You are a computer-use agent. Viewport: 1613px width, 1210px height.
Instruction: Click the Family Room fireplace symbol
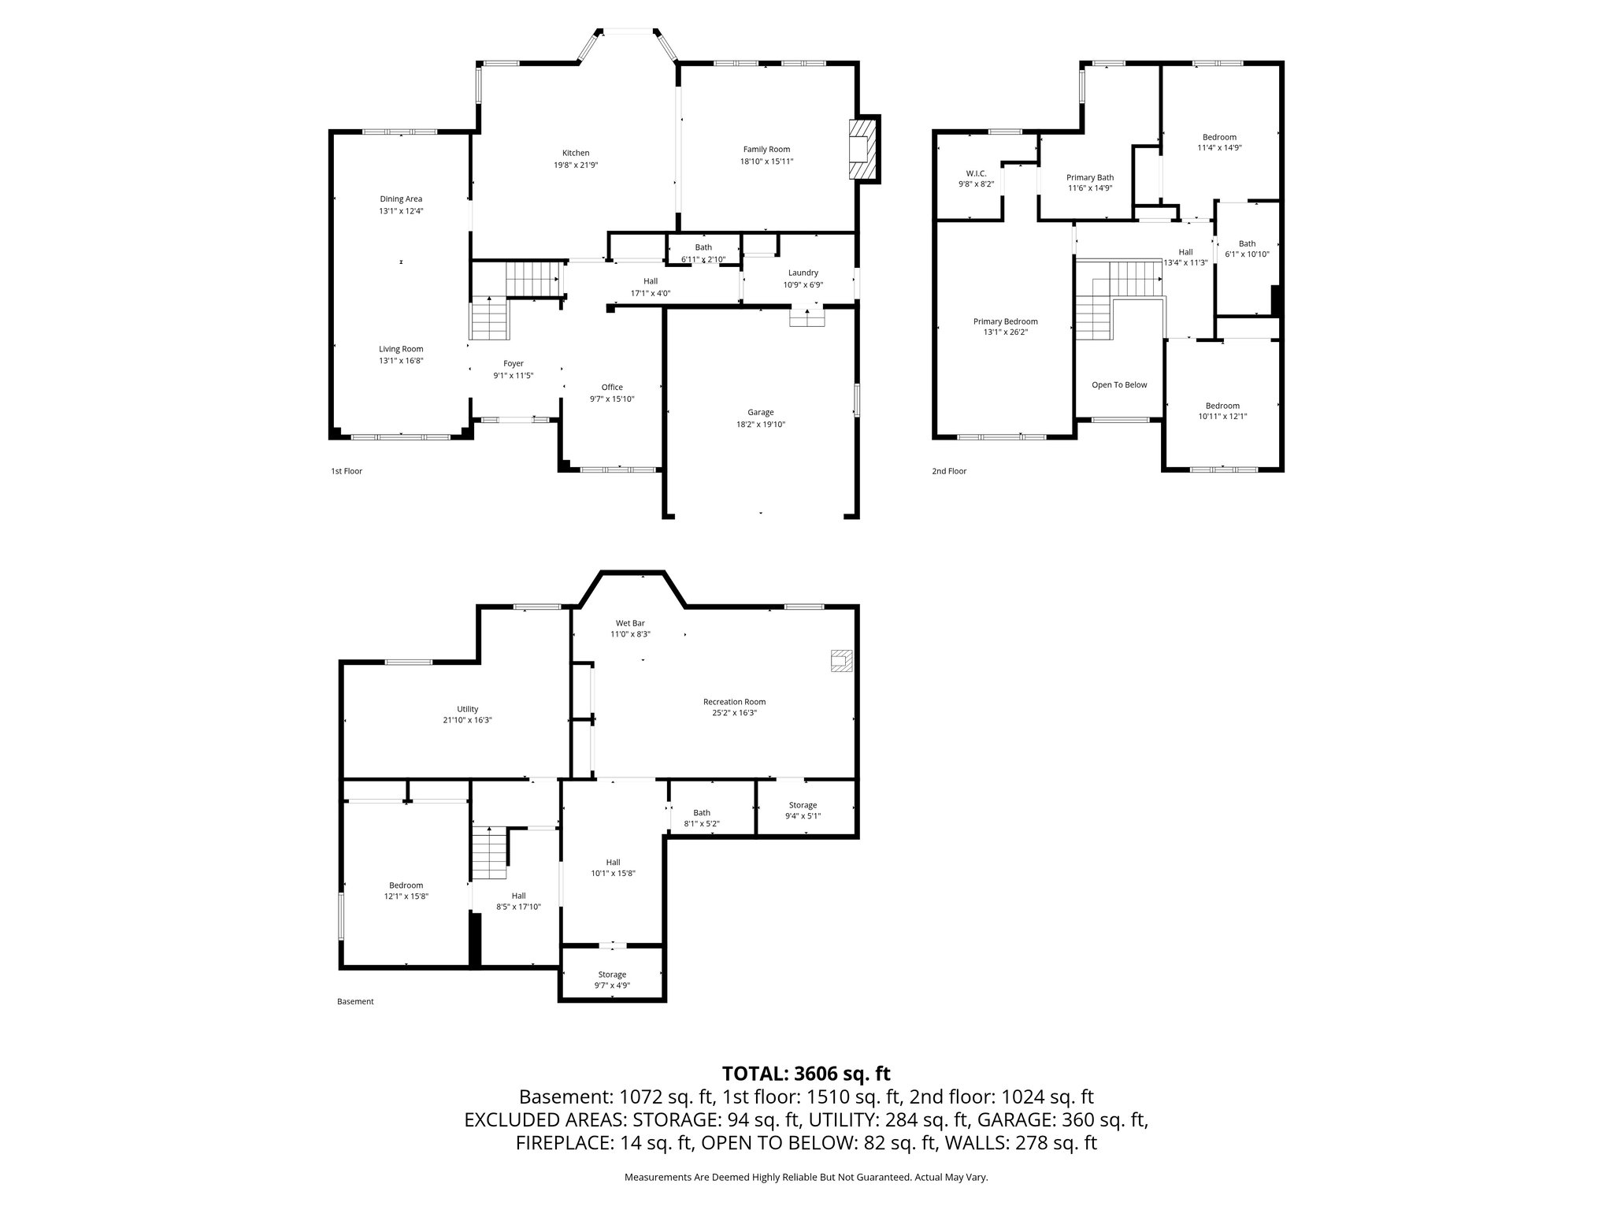(864, 150)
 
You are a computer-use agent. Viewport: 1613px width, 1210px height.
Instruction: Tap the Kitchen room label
(575, 153)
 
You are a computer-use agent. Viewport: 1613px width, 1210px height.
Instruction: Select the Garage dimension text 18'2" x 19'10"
(761, 424)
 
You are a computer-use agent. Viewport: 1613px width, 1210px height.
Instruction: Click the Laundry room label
(803, 273)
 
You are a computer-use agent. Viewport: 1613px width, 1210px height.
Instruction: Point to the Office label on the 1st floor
(612, 387)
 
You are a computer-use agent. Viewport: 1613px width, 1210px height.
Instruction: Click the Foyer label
(514, 363)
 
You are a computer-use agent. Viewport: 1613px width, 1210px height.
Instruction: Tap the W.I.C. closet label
(976, 173)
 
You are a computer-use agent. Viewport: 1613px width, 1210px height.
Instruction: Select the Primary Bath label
(1090, 177)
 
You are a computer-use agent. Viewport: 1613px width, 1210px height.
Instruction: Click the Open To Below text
(1119, 384)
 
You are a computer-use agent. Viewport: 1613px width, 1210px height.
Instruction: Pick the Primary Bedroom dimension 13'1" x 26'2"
(1005, 332)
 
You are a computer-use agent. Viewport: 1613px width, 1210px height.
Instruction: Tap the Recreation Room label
(734, 701)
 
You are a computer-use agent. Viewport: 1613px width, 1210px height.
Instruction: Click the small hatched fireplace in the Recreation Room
(841, 660)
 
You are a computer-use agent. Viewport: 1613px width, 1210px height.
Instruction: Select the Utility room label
(467, 708)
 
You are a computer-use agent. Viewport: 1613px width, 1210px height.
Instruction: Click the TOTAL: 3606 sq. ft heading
(806, 1073)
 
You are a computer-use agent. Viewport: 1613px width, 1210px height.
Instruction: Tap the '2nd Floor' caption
(949, 471)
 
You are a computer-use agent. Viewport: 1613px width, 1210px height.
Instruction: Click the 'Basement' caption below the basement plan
(355, 1001)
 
